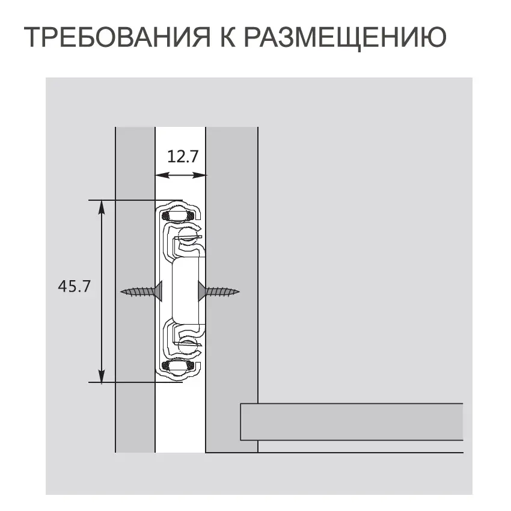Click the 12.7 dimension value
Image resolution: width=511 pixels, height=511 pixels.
(x=182, y=158)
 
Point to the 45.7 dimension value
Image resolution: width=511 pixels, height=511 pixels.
(x=74, y=286)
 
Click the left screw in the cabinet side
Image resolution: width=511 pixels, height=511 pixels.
(x=142, y=292)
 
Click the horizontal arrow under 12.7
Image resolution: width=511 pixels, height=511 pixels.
(x=181, y=176)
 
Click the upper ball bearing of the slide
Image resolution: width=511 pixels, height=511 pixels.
(x=178, y=216)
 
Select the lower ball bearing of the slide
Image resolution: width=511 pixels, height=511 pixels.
(x=179, y=366)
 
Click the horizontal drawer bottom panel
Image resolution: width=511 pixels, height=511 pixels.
(x=352, y=422)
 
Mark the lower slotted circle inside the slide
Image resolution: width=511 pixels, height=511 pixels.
(x=189, y=346)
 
